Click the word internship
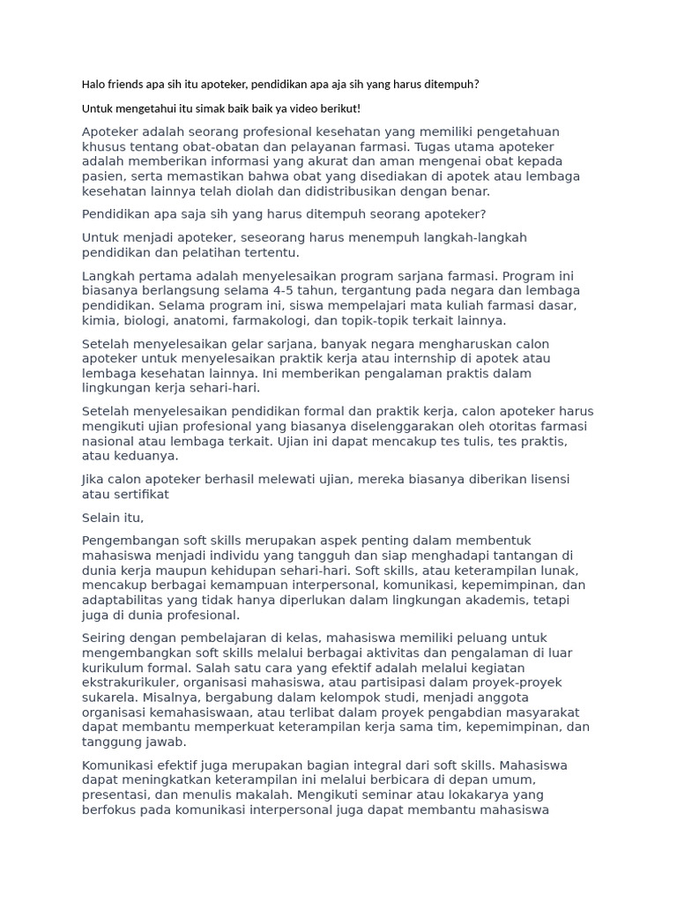tap(428, 359)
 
